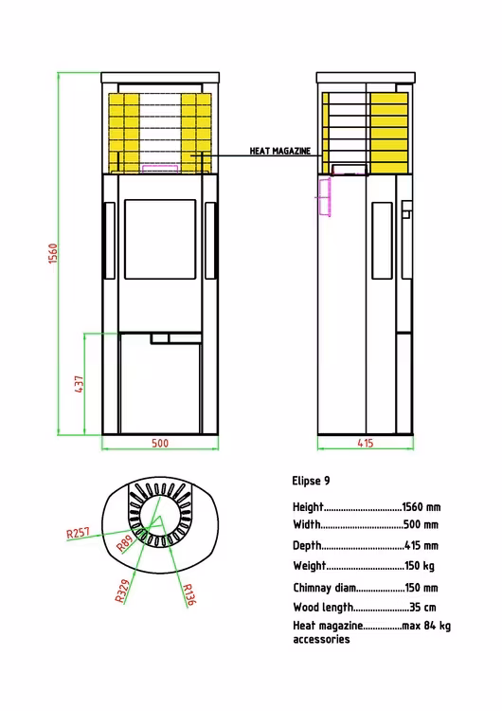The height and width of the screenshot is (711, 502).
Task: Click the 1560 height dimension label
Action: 53,253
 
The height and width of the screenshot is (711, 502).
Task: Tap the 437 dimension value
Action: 79,384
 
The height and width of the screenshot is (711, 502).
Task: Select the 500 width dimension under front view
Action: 160,443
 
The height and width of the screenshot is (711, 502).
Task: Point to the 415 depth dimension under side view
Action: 366,443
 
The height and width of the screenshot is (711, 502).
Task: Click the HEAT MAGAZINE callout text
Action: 280,151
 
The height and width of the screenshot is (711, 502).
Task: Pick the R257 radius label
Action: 79,533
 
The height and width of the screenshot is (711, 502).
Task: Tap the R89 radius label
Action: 125,543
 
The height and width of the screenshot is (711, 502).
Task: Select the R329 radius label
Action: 122,591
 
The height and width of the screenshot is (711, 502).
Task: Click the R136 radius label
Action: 188,594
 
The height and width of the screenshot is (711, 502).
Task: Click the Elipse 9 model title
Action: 311,481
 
